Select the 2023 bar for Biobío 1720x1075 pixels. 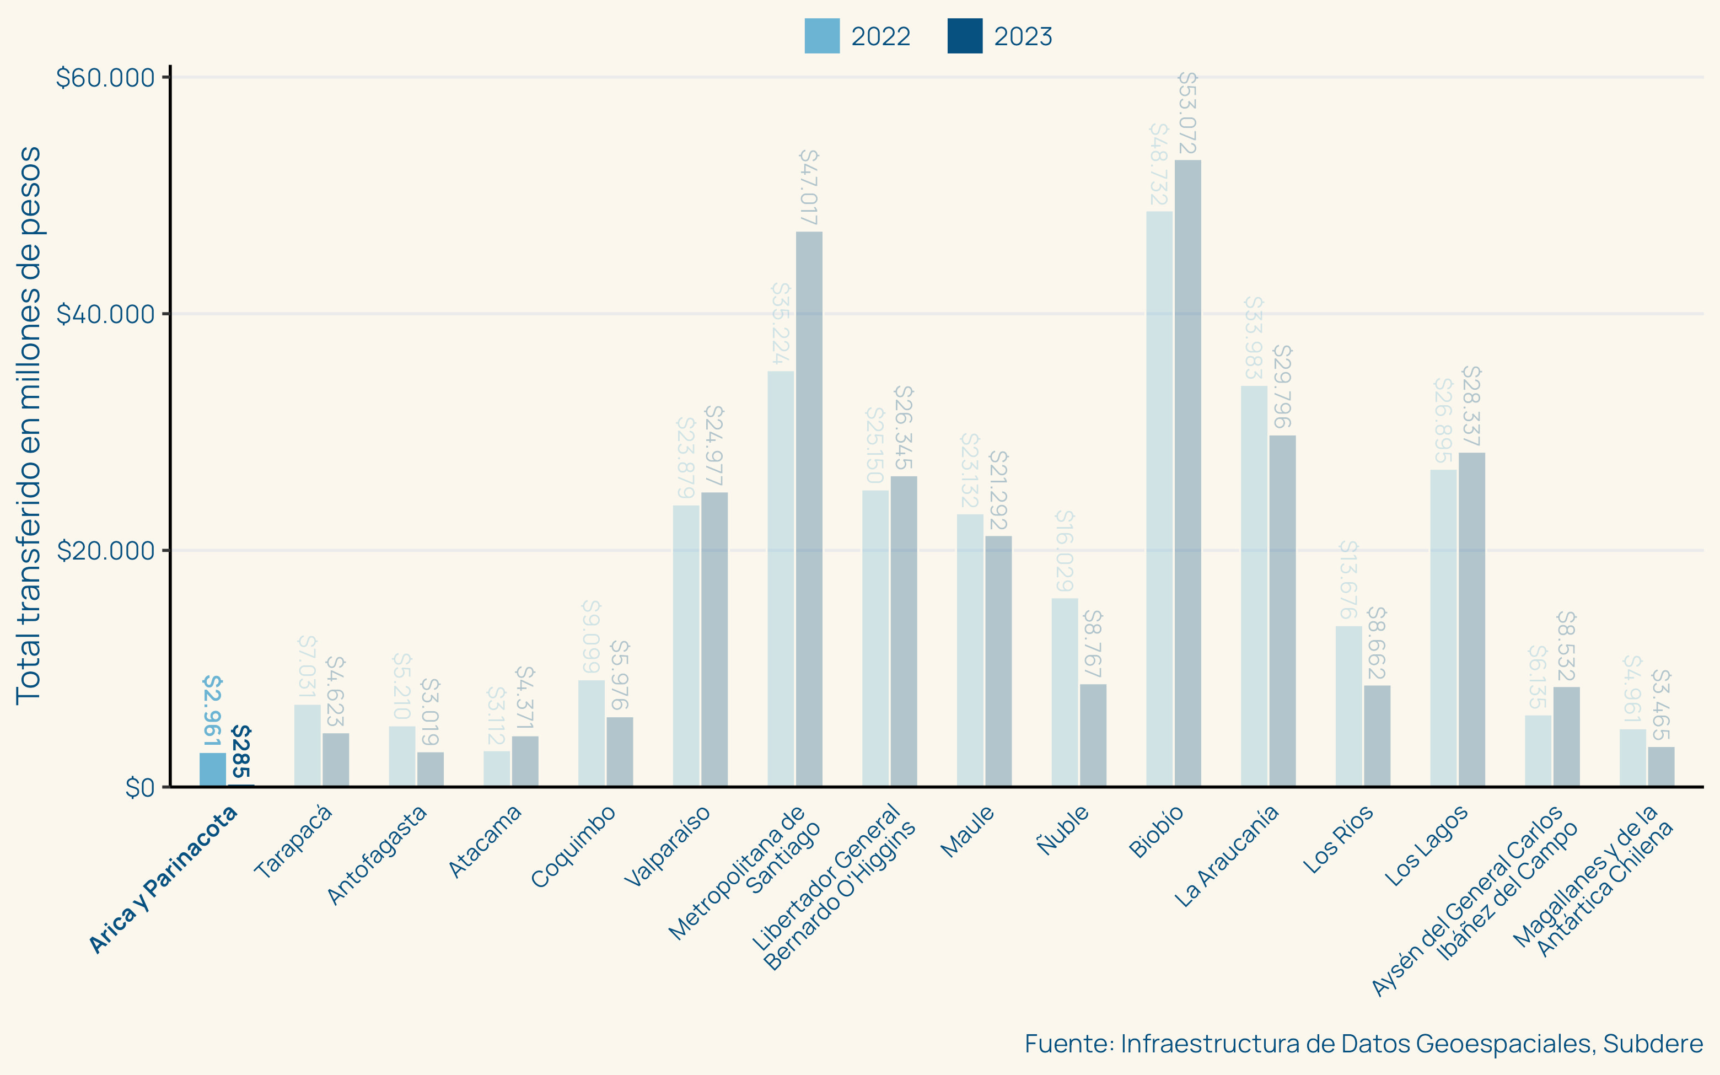[x=1187, y=473]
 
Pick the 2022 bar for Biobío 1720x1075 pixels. [x=1159, y=498]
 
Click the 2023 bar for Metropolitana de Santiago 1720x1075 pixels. [x=809, y=508]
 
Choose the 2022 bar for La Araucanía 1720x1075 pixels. [x=1254, y=586]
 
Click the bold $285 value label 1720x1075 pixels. [x=241, y=751]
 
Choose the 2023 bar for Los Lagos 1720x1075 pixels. [x=1471, y=619]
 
